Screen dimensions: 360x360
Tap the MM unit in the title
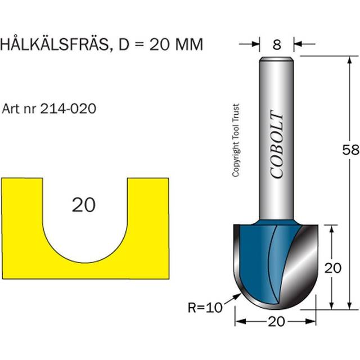coord(188,45)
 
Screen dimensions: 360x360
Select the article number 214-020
coord(67,109)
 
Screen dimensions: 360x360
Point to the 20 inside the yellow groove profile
coord(84,205)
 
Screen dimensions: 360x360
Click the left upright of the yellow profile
coord(21,225)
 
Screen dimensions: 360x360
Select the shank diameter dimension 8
coord(277,43)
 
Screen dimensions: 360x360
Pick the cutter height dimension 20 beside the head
coord(334,268)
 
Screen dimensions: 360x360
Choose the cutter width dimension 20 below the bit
coord(275,321)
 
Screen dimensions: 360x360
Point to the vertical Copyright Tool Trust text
coord(236,141)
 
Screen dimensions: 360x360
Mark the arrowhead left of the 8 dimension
coord(256,43)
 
